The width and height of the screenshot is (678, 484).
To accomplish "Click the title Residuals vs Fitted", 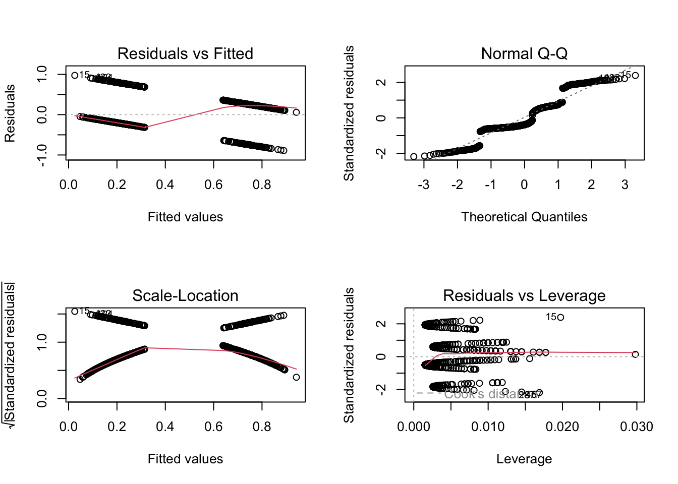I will tap(185, 53).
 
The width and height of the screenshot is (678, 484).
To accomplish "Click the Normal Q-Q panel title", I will tap(524, 53).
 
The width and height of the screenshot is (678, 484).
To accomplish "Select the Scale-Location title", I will tap(185, 295).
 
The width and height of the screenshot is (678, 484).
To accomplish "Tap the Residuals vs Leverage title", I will tap(524, 295).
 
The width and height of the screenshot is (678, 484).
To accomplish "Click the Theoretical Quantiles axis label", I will tap(524, 217).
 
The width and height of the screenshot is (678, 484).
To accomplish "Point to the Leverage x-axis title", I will tap(524, 459).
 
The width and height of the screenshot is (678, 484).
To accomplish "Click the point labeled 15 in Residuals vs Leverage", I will tap(560, 317).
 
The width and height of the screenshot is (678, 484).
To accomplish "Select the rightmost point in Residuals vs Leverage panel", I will tap(635, 354).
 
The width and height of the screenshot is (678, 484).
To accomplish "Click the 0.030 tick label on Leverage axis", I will tap(637, 427).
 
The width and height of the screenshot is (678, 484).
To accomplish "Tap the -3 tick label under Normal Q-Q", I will tap(424, 185).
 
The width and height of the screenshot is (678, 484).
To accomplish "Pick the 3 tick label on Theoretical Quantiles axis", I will tap(625, 185).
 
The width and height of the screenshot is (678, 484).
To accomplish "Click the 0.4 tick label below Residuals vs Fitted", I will tap(165, 185).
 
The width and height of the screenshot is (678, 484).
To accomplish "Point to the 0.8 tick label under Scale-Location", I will tap(262, 427).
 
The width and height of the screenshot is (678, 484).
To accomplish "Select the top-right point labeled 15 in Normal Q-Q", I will tap(635, 76).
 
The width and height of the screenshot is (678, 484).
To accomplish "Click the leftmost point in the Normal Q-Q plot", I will tap(414, 157).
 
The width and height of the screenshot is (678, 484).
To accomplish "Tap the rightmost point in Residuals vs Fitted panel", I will tap(296, 112).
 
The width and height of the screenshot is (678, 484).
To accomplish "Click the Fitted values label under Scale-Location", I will tap(185, 459).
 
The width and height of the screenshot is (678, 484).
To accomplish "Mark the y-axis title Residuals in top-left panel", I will tap(10, 113).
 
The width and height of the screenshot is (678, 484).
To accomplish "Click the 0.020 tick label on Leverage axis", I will tap(562, 427).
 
